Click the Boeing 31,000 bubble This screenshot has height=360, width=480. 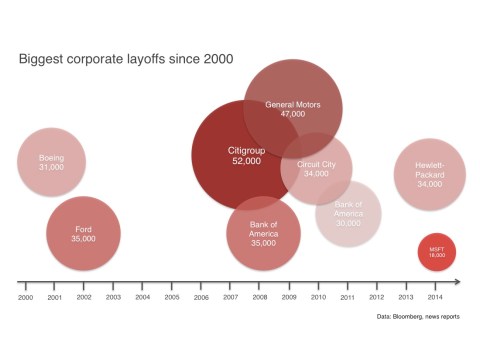[51, 162]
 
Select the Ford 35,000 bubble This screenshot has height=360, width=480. [83, 234]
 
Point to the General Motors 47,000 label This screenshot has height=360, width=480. [292, 109]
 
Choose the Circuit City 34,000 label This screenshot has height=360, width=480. [316, 168]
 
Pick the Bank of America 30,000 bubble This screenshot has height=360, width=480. [348, 213]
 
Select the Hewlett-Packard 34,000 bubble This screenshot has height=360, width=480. [430, 174]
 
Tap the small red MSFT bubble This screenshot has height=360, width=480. [437, 252]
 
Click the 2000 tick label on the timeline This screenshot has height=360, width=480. [26, 298]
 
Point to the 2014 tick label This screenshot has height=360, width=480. [434, 298]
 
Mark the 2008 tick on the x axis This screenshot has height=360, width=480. [260, 298]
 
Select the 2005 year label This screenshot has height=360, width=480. [172, 298]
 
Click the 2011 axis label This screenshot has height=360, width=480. [347, 298]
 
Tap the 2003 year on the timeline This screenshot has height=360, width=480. [113, 298]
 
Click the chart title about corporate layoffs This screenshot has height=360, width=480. [126, 59]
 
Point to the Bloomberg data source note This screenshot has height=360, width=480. [415, 317]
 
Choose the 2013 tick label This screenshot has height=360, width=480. [405, 298]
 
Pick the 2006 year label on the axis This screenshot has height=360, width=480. [201, 298]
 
